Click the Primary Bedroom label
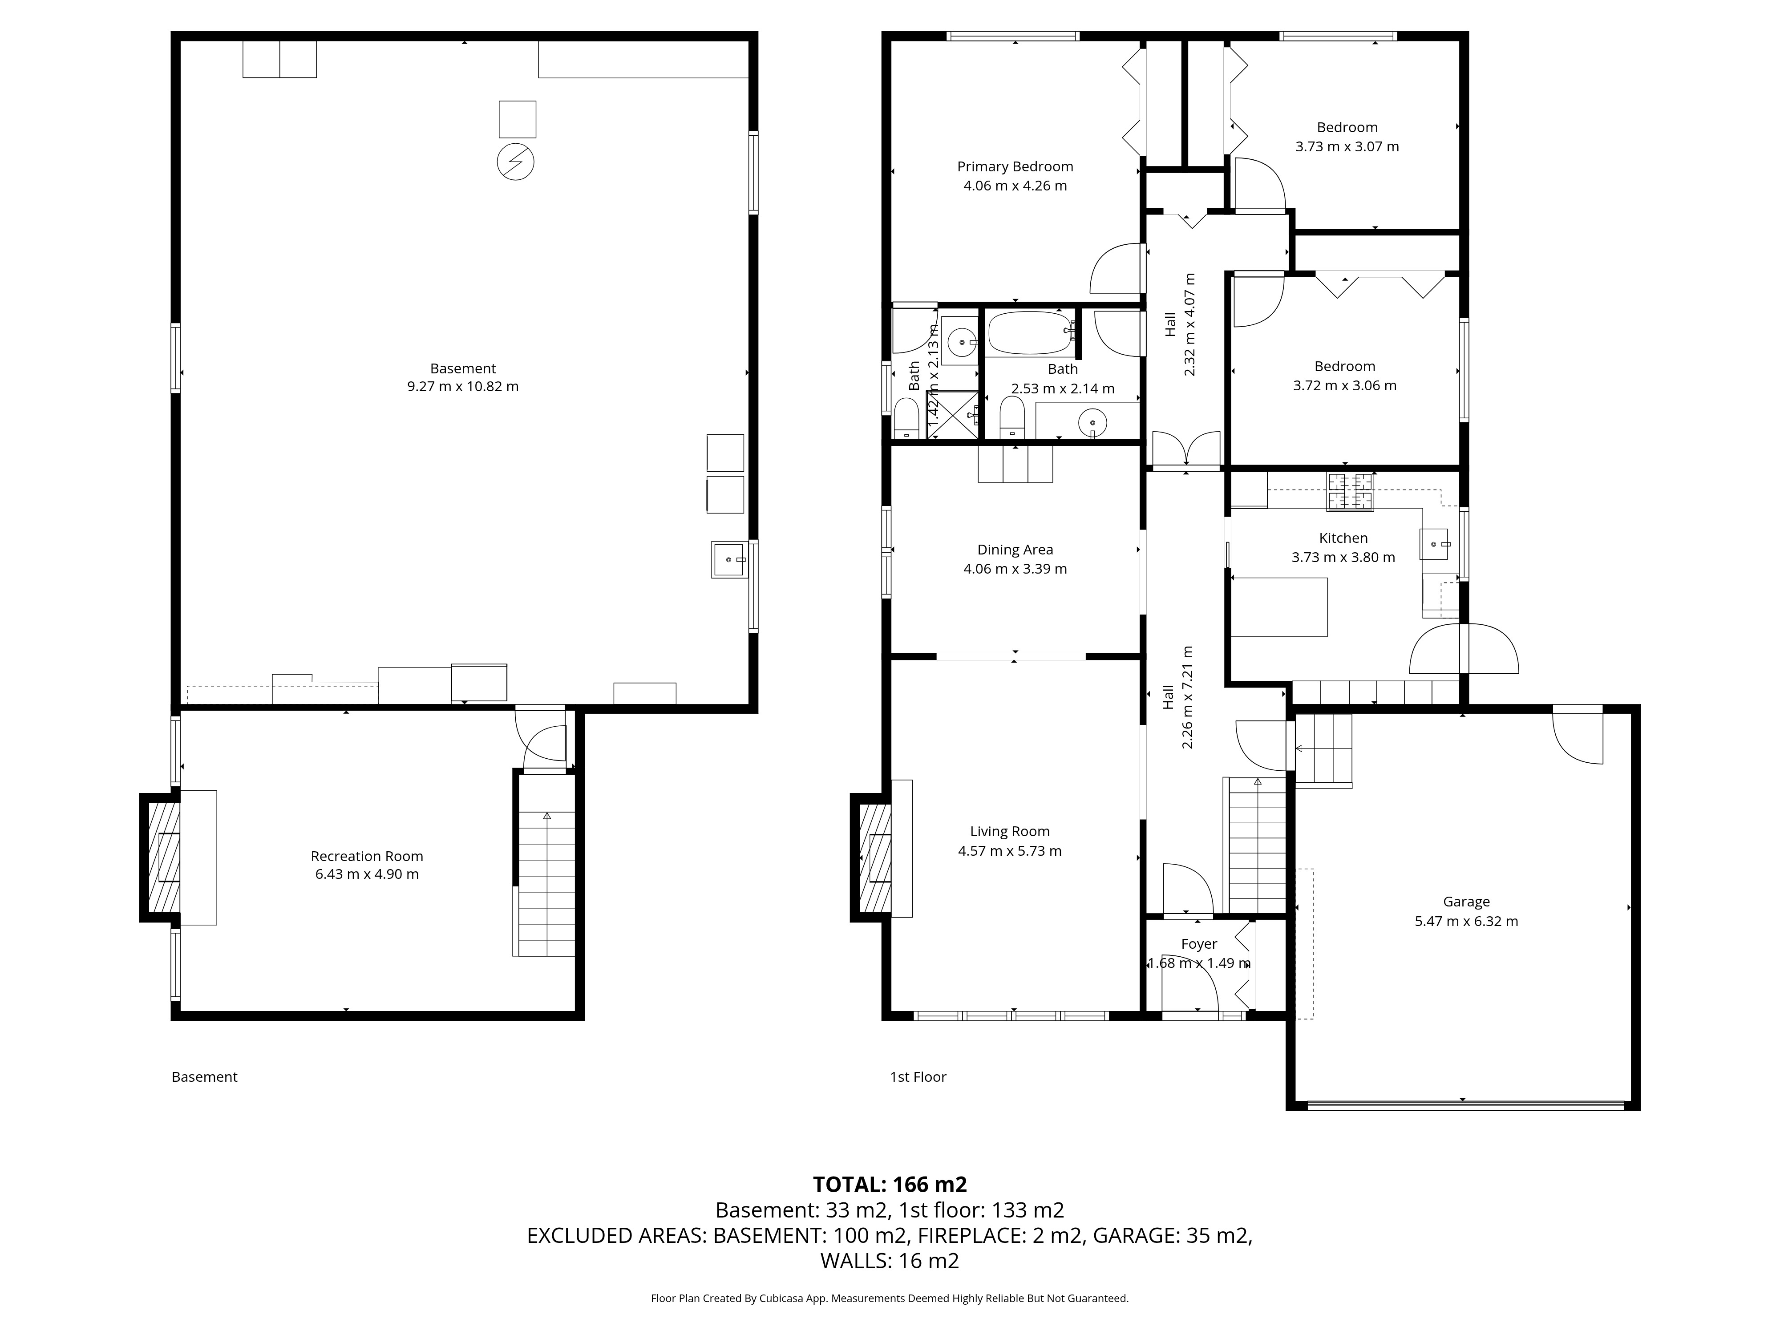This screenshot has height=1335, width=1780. click(x=1015, y=166)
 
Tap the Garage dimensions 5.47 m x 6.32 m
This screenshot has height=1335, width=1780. click(x=1466, y=922)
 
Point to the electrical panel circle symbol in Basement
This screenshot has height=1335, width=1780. click(x=516, y=162)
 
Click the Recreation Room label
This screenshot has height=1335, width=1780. click(x=367, y=856)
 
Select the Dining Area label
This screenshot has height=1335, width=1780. click(x=1015, y=550)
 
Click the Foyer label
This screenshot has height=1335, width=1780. click(x=1199, y=944)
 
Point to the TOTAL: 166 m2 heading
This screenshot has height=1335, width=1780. click(x=890, y=1185)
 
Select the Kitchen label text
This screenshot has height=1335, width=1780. click(x=1343, y=538)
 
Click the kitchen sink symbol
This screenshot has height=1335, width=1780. click(x=1434, y=544)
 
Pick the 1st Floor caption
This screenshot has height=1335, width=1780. click(x=918, y=1077)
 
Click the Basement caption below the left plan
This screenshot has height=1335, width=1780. click(x=204, y=1077)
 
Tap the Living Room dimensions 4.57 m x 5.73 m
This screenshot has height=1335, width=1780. click(x=1010, y=850)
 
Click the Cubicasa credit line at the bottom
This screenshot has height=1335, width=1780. click(x=890, y=1298)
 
